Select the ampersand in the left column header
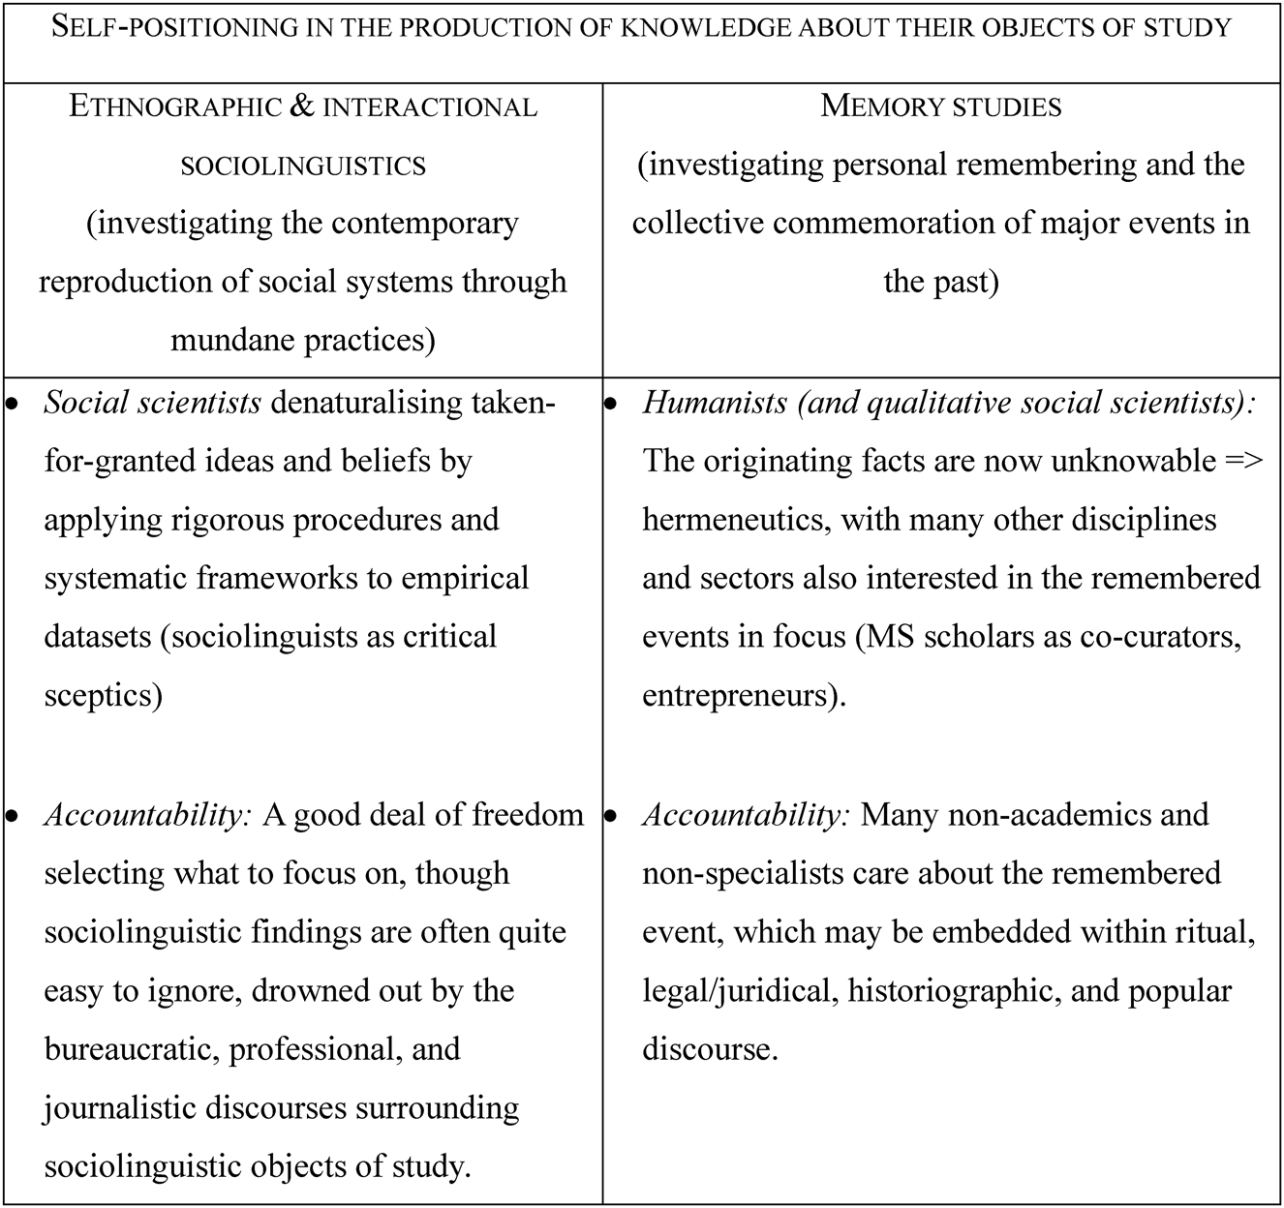point(302,106)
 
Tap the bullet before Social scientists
point(13,405)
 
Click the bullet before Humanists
point(611,405)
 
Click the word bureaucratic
point(132,1048)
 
